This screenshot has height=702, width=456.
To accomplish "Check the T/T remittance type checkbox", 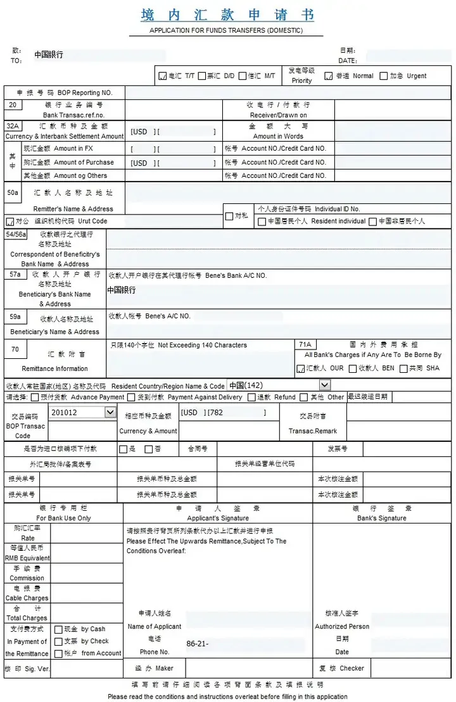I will tap(162, 76).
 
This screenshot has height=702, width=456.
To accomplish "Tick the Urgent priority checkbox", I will tap(384, 76).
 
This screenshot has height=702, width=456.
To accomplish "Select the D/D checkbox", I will tap(202, 76).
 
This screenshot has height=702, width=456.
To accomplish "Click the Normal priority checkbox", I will tap(329, 76).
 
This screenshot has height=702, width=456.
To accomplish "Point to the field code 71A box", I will tap(306, 344).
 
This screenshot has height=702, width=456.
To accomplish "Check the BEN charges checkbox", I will tap(353, 368).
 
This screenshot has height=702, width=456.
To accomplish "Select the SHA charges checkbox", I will tap(403, 368).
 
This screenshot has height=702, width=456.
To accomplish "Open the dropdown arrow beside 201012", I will tap(110, 412).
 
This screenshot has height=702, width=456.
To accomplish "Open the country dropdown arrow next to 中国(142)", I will tap(324, 385).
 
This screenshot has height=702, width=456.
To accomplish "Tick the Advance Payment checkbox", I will tap(35, 398).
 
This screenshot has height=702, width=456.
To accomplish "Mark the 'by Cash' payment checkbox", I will tap(58, 630).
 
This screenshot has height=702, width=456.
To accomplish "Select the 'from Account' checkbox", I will tap(58, 653).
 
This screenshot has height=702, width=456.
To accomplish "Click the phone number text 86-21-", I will tap(197, 644).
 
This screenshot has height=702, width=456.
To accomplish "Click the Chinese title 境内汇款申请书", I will tap(227, 15).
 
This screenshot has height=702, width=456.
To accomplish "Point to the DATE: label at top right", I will tap(348, 61).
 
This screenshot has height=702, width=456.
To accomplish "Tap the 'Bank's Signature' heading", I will tap(382, 518).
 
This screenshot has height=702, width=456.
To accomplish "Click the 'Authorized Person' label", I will tap(342, 626).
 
